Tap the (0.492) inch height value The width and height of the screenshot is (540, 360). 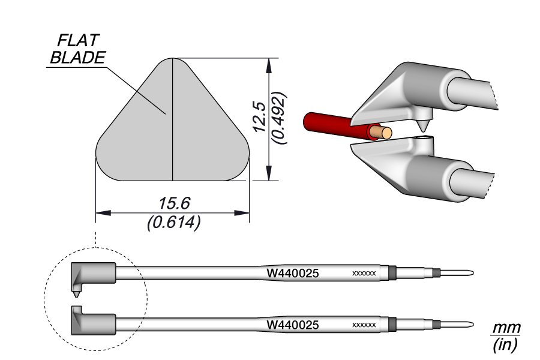pyautogui.click(x=278, y=118)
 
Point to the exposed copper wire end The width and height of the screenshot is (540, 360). pyautogui.click(x=382, y=131)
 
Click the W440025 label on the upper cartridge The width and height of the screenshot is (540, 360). pyautogui.click(x=292, y=274)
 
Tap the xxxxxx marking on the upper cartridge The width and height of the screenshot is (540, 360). pyautogui.click(x=364, y=274)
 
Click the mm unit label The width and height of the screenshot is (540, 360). pyautogui.click(x=506, y=328)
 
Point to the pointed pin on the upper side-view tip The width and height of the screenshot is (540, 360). pyautogui.click(x=76, y=295)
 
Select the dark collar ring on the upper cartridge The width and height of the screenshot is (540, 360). pyautogui.click(x=393, y=274)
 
